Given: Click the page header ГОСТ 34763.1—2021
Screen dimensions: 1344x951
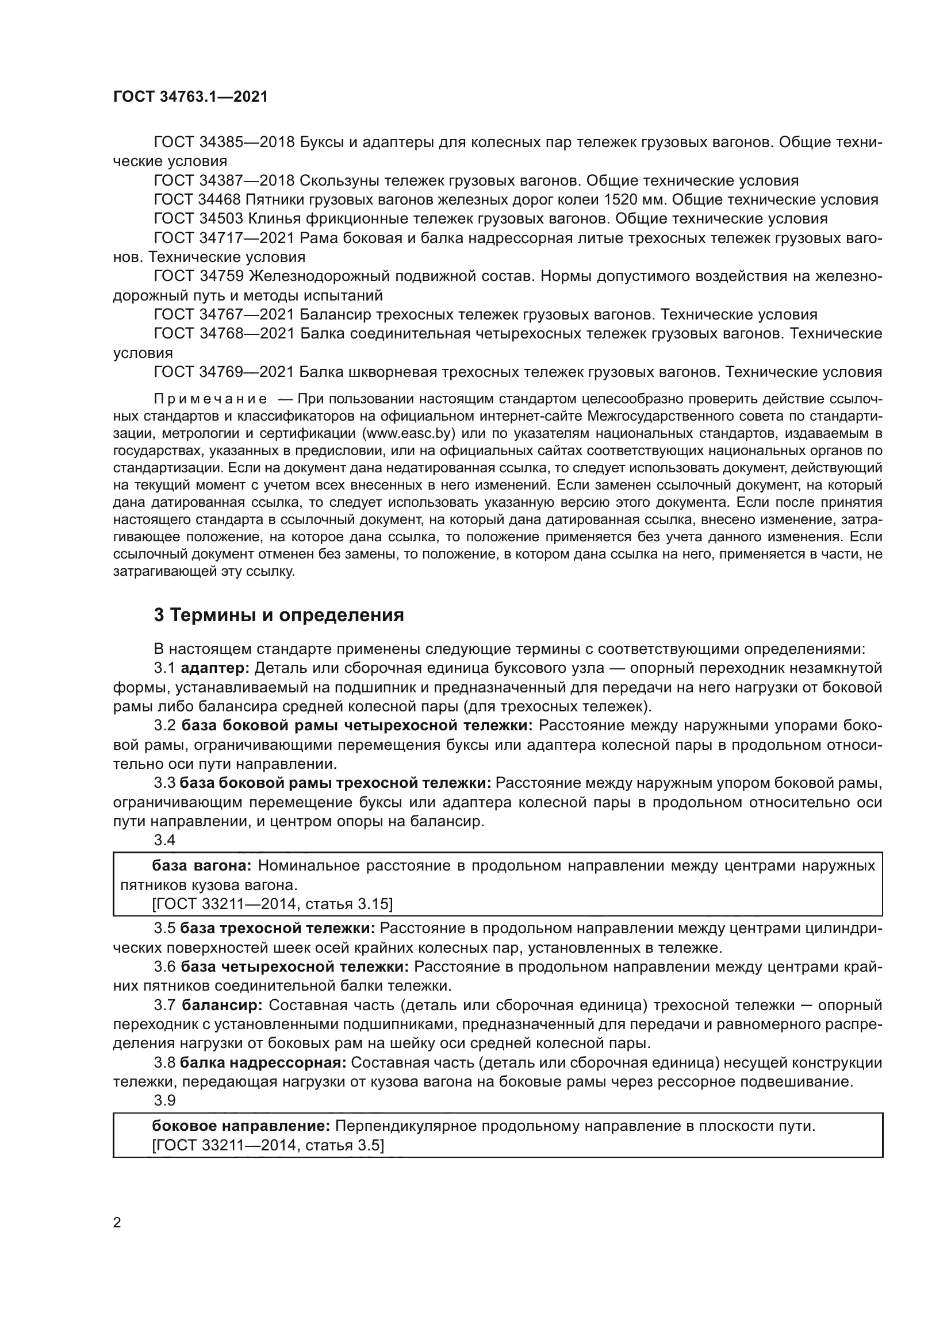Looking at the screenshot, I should (x=190, y=97).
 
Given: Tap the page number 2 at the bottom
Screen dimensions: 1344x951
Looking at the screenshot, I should (x=117, y=1222).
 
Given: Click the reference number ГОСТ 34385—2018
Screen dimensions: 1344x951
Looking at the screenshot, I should (x=224, y=143).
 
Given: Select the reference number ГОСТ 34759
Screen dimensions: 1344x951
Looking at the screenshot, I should (x=198, y=276).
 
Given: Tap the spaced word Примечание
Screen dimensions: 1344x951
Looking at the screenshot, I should (x=210, y=399).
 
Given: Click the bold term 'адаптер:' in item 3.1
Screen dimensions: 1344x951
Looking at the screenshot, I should (x=215, y=668).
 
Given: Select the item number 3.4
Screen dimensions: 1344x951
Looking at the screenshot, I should (x=164, y=840).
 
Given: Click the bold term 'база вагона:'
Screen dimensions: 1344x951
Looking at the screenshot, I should (x=201, y=866).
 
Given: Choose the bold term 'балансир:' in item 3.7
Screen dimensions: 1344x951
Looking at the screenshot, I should (x=222, y=1006).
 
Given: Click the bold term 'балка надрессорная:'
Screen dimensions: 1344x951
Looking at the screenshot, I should (x=263, y=1063).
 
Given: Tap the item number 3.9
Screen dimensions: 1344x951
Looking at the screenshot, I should (x=164, y=1100).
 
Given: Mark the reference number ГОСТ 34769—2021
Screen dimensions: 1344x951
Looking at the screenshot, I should (x=224, y=372).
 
